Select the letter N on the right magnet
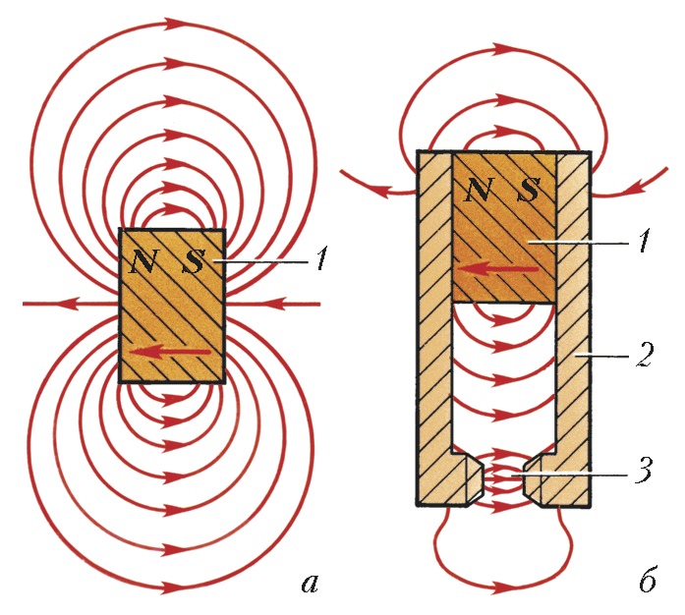[480, 190]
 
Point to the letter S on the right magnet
[528, 190]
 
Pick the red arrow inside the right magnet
[500, 267]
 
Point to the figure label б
[646, 582]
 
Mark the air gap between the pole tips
[503, 479]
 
